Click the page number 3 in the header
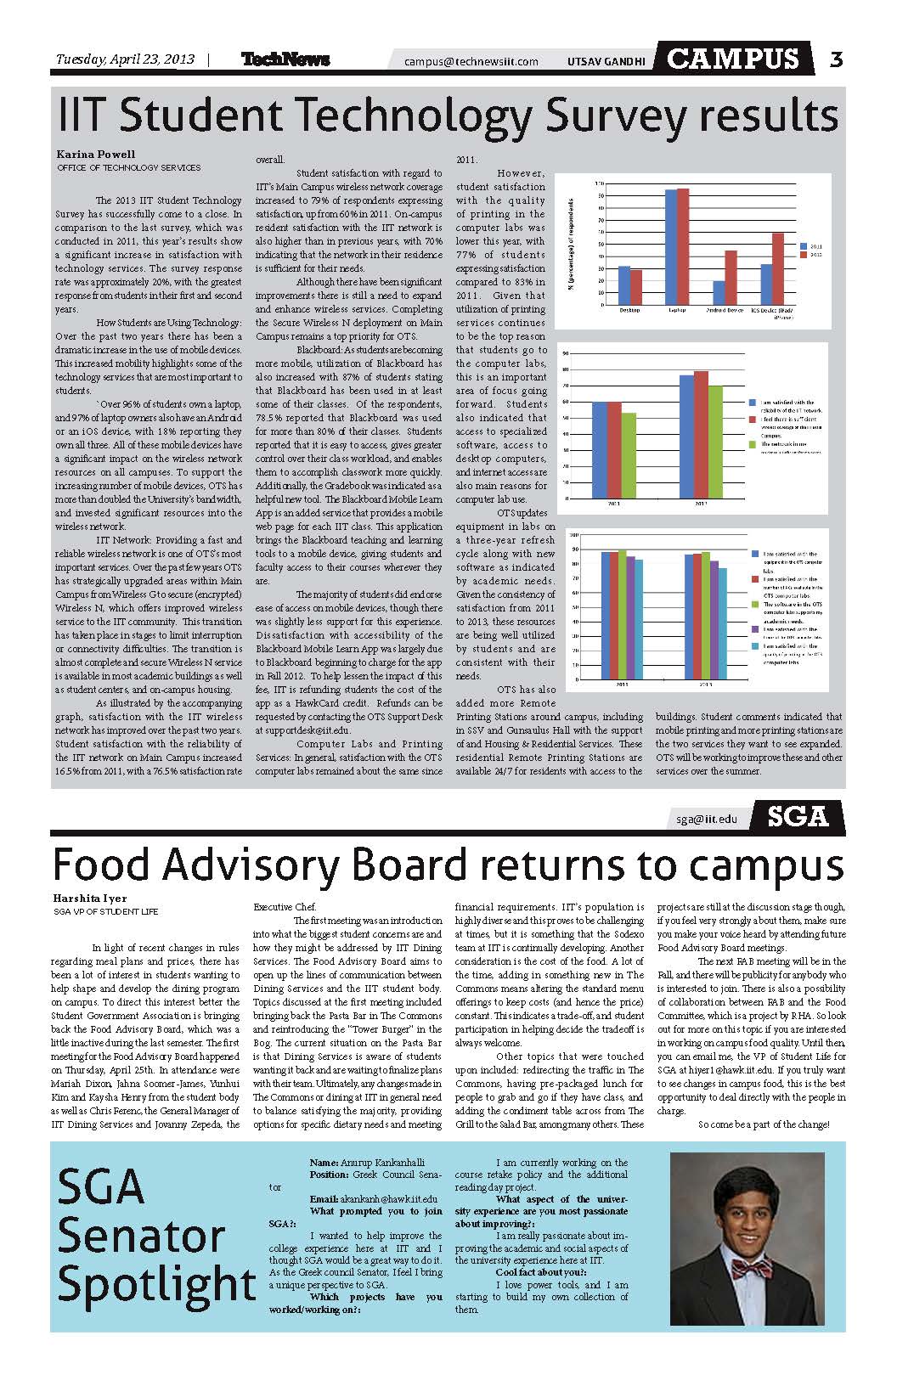[x=836, y=59]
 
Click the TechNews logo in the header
[x=285, y=59]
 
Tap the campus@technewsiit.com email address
[x=471, y=61]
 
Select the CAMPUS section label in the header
[x=733, y=58]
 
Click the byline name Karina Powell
[x=96, y=155]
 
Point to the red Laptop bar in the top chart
[x=683, y=246]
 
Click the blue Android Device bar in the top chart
[x=719, y=292]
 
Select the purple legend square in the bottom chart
[x=755, y=629]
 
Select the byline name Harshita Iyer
[x=90, y=899]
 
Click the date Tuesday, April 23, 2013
[x=125, y=59]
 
